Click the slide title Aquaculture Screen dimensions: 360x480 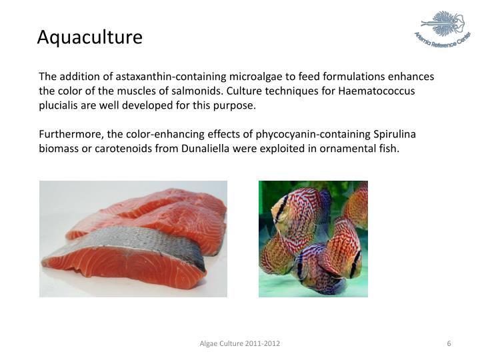point(89,37)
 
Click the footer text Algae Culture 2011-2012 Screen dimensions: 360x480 point(240,343)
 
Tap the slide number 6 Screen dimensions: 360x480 point(449,343)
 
